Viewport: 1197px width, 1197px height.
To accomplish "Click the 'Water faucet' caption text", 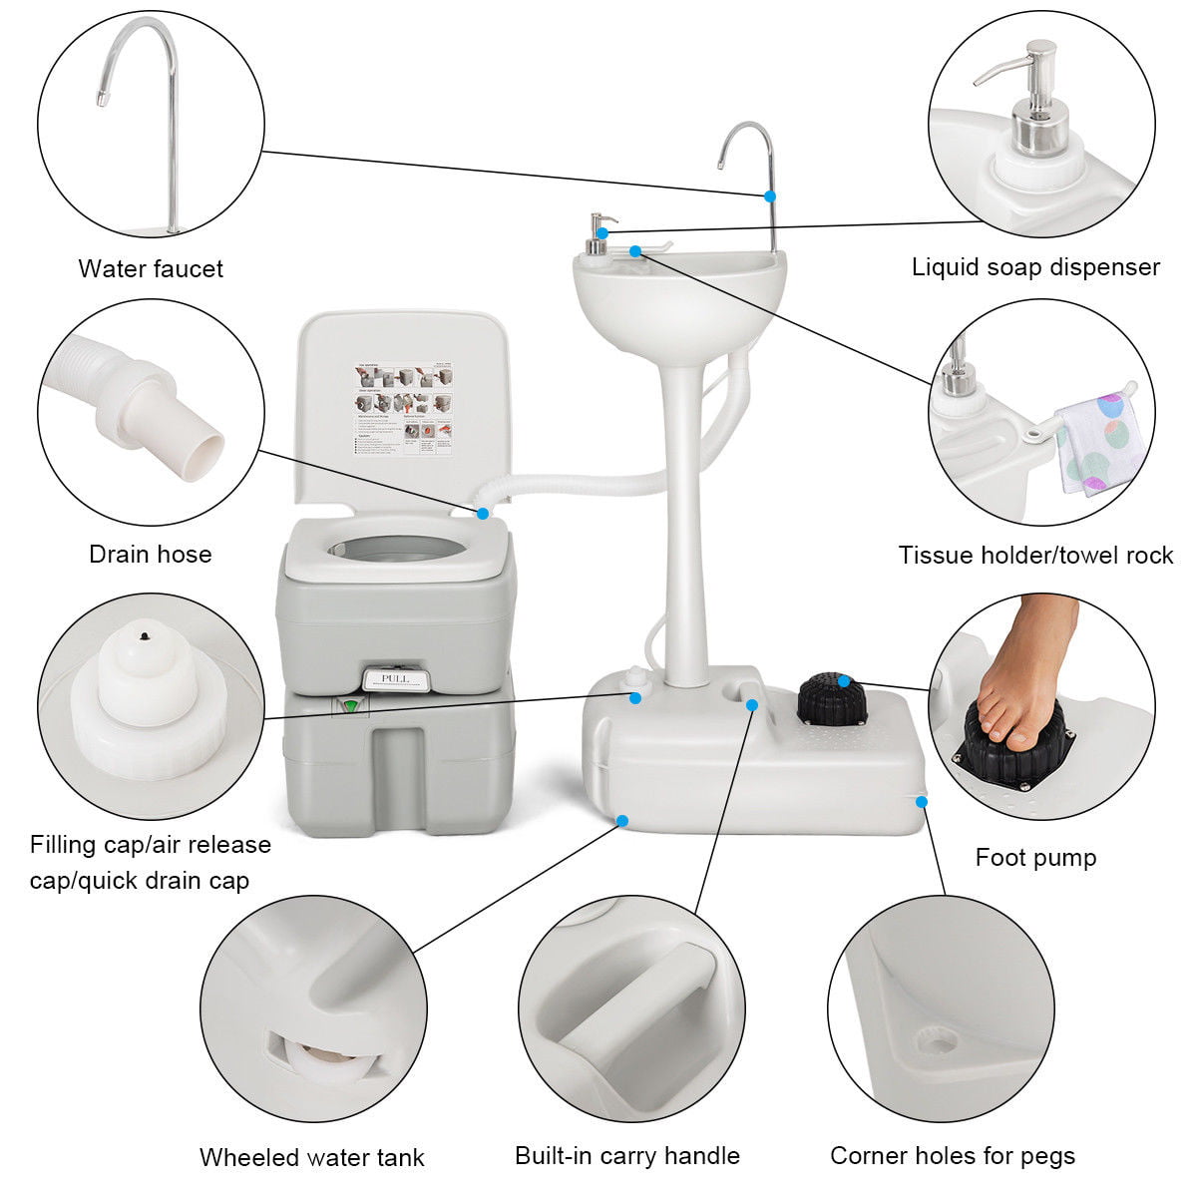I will pos(151,268).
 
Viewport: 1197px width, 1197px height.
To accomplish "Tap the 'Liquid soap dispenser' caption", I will pos(1035,267).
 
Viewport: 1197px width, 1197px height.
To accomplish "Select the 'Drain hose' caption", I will pos(151,554).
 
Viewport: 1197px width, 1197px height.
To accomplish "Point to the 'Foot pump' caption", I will pos(1035,857).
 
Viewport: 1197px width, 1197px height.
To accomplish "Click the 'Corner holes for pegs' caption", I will pos(953,1155).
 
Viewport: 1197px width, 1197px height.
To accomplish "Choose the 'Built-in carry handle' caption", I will pos(627,1155).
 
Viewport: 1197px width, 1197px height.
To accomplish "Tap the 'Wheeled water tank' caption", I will pos(312,1157).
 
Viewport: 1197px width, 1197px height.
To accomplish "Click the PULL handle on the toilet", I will pos(395,678).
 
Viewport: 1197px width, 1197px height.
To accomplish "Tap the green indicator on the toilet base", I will pos(350,706).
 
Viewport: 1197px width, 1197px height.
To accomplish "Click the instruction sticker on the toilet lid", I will pos(404,410).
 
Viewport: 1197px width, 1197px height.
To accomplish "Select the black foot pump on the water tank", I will pos(832,699).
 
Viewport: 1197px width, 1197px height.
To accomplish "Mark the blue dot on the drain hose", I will pos(483,514).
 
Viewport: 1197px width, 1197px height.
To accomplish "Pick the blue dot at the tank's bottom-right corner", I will pos(921,800).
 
